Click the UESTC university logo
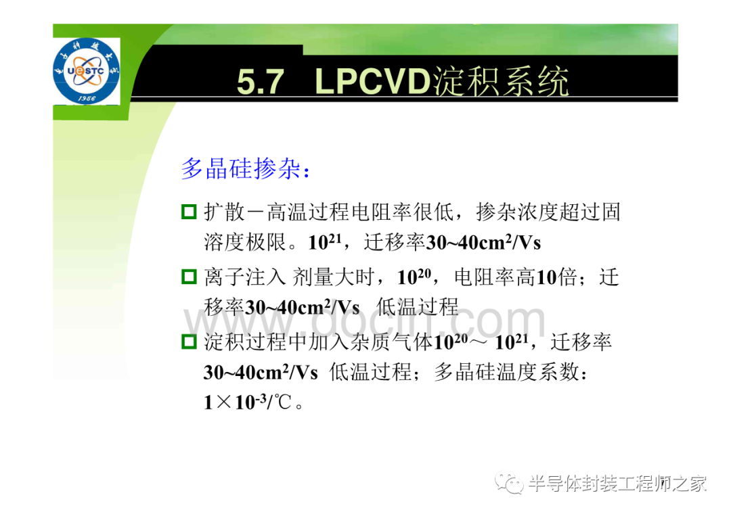tap(86, 71)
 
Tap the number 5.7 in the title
tap(260, 82)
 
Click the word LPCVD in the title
tap(372, 82)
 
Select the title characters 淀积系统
tap(501, 82)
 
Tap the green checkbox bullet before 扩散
tap(189, 212)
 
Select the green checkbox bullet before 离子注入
tap(189, 277)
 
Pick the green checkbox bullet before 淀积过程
tap(189, 342)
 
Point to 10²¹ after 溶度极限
tap(325, 241)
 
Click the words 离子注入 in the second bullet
tap(245, 277)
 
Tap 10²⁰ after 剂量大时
tap(414, 277)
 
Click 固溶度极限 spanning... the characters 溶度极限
tap(245, 242)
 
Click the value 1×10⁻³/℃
tap(248, 402)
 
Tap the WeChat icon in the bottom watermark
tap(509, 484)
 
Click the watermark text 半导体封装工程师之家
tap(617, 484)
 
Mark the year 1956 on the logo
tap(87, 98)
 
